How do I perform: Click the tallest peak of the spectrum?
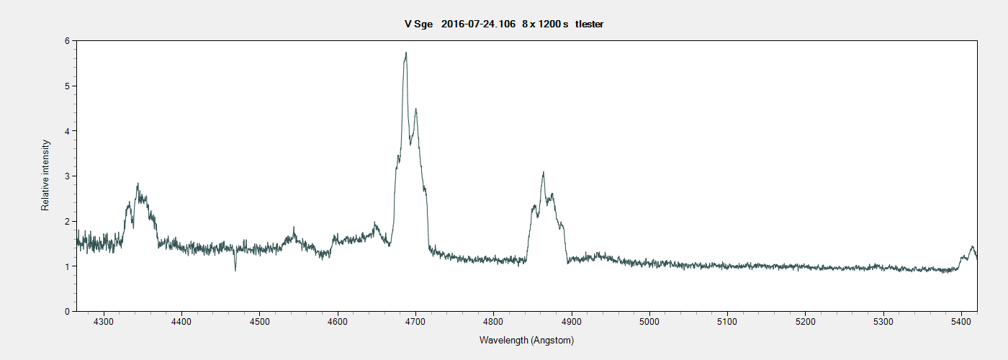(406, 53)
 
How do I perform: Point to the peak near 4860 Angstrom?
(543, 172)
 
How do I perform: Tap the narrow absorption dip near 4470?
(235, 270)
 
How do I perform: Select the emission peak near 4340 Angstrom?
(137, 184)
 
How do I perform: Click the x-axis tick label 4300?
(104, 322)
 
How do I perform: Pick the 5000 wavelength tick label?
(649, 322)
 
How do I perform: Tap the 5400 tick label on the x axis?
(961, 322)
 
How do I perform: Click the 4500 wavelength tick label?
(260, 322)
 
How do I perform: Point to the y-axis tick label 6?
(66, 41)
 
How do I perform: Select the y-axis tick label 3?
(66, 176)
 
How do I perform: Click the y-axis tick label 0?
(66, 311)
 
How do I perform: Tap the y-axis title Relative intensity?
(45, 176)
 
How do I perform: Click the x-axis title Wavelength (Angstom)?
(526, 340)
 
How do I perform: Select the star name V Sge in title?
(418, 24)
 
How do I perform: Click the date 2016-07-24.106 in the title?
(479, 24)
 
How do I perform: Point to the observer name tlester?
(589, 24)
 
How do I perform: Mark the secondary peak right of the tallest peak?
(415, 109)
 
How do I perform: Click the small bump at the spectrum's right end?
(972, 247)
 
